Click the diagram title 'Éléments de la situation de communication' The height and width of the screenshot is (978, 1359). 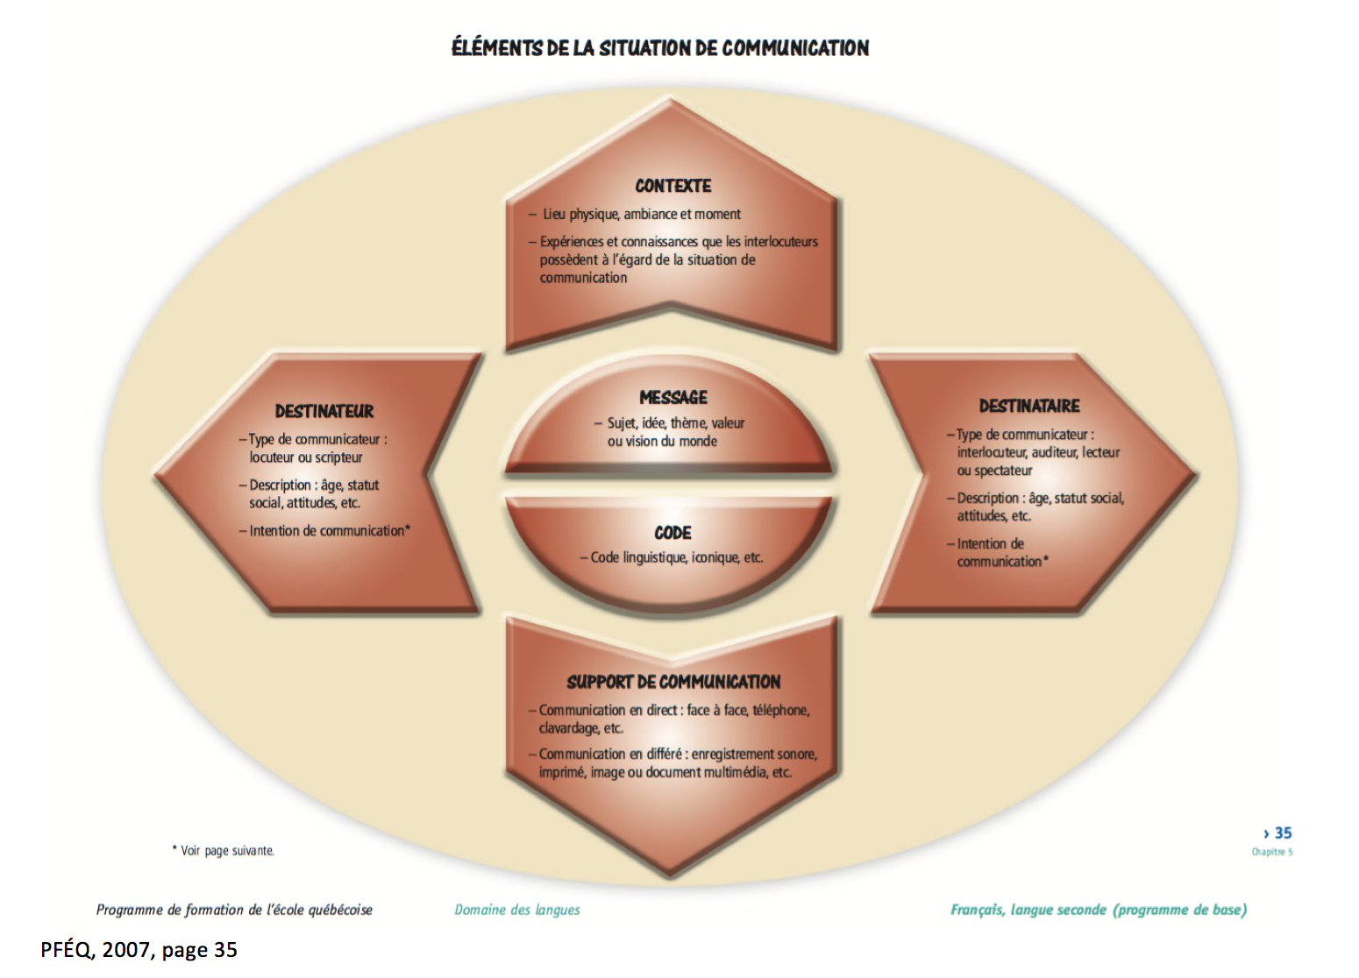(x=659, y=47)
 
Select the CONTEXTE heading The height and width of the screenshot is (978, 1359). (x=672, y=186)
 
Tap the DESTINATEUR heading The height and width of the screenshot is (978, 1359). (x=324, y=411)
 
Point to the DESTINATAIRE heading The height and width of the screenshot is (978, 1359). (x=1028, y=406)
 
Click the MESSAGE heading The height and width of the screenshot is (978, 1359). (x=672, y=397)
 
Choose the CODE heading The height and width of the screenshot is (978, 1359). (x=672, y=533)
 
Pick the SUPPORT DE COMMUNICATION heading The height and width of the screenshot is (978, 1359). (x=672, y=682)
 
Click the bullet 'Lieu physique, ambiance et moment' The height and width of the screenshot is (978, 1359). (x=641, y=214)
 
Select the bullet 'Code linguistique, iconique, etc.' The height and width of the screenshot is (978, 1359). (x=676, y=557)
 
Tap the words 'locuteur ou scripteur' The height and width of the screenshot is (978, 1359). (x=305, y=457)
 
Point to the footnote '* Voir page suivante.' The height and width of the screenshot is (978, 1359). (x=223, y=850)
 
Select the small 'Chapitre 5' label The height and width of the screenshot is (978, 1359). (x=1271, y=852)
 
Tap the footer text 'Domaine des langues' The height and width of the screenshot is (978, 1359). (x=516, y=910)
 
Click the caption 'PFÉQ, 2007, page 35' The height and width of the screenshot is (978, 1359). (x=139, y=950)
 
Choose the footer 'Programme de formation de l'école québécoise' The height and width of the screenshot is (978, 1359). (x=234, y=910)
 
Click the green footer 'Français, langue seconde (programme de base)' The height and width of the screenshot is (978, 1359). (x=1098, y=910)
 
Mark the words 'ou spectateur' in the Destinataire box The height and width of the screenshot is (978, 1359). (x=994, y=471)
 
